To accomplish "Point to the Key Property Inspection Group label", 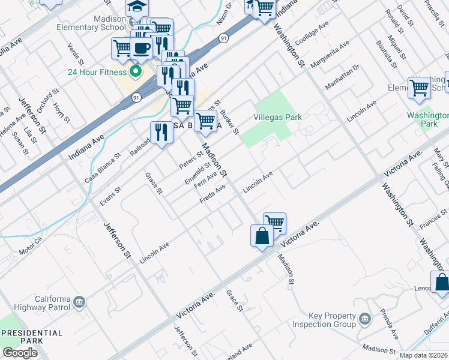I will coord(324,320).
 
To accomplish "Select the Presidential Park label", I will coord(31,337).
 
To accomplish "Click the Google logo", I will coord(20,353).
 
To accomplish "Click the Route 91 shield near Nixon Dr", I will coord(223,38).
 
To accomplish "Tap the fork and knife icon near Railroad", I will coord(160,132).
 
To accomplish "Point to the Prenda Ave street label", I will coord(389,325).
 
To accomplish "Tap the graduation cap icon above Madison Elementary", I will coord(137,7).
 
